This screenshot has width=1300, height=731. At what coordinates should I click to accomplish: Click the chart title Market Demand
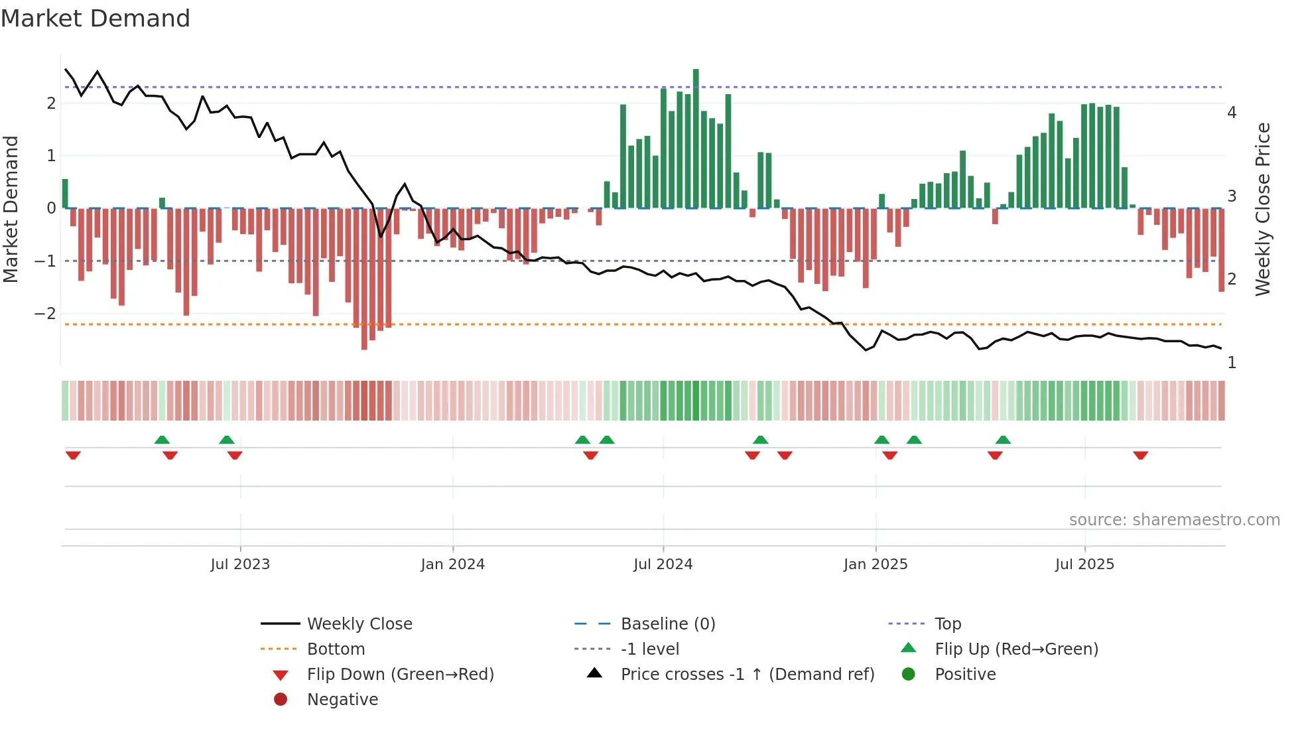96,19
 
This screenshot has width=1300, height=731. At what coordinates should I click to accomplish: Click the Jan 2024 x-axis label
452,565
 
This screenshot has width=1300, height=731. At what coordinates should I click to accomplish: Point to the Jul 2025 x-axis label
1084,565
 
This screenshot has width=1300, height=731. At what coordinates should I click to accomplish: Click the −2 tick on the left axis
46,314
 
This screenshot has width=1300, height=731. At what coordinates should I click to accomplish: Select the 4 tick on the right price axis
1232,113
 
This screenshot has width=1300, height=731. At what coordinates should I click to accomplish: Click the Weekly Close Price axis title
1263,209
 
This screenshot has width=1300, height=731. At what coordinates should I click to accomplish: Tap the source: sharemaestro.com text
1174,520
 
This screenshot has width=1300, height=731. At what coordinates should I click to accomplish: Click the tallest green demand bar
696,139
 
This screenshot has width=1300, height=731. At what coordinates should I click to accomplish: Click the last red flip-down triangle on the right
1140,455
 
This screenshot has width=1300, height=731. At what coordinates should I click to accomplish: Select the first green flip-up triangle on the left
162,440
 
